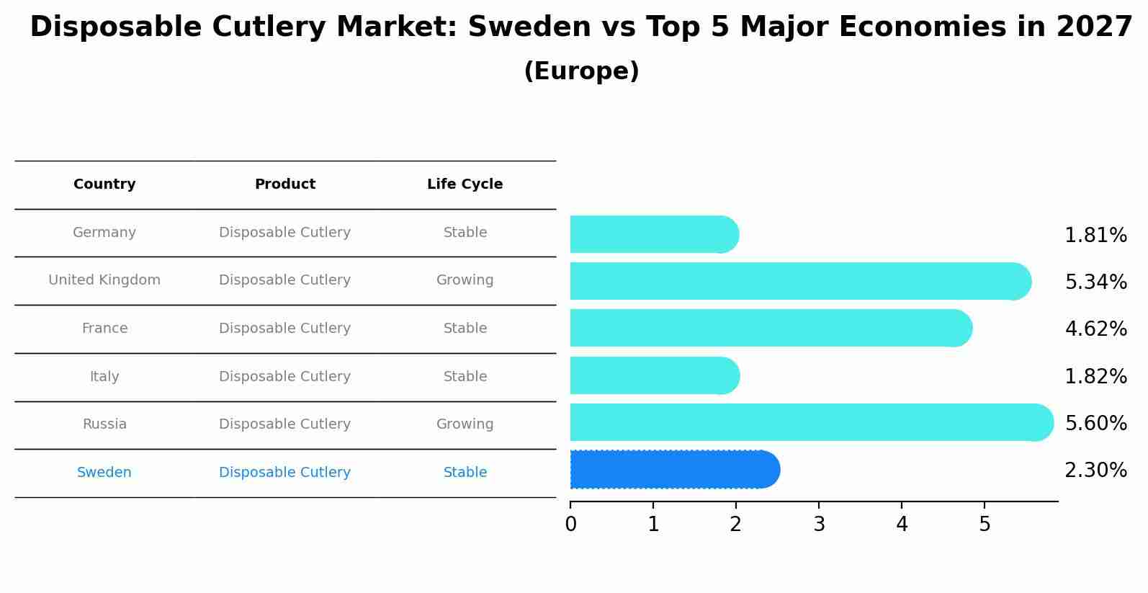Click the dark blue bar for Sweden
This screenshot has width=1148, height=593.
[x=673, y=470]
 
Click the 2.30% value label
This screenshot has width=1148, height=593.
[x=1095, y=471]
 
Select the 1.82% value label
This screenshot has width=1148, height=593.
[x=1095, y=376]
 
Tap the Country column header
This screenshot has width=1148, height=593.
[x=104, y=184]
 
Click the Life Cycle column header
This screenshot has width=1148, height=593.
[x=465, y=184]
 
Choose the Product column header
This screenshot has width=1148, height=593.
[x=284, y=184]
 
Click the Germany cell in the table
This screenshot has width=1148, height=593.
[x=104, y=233]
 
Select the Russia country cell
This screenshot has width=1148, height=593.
[x=104, y=424]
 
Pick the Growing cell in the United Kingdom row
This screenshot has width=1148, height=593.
[x=465, y=280]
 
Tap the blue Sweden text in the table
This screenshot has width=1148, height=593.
[x=104, y=473]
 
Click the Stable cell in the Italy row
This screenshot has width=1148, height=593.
[x=465, y=377]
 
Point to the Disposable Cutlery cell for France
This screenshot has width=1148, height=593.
[x=284, y=329]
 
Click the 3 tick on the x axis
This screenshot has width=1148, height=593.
[x=819, y=525]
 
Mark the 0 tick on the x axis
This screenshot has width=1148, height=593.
[x=570, y=525]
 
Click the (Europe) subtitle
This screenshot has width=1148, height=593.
[x=581, y=71]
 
